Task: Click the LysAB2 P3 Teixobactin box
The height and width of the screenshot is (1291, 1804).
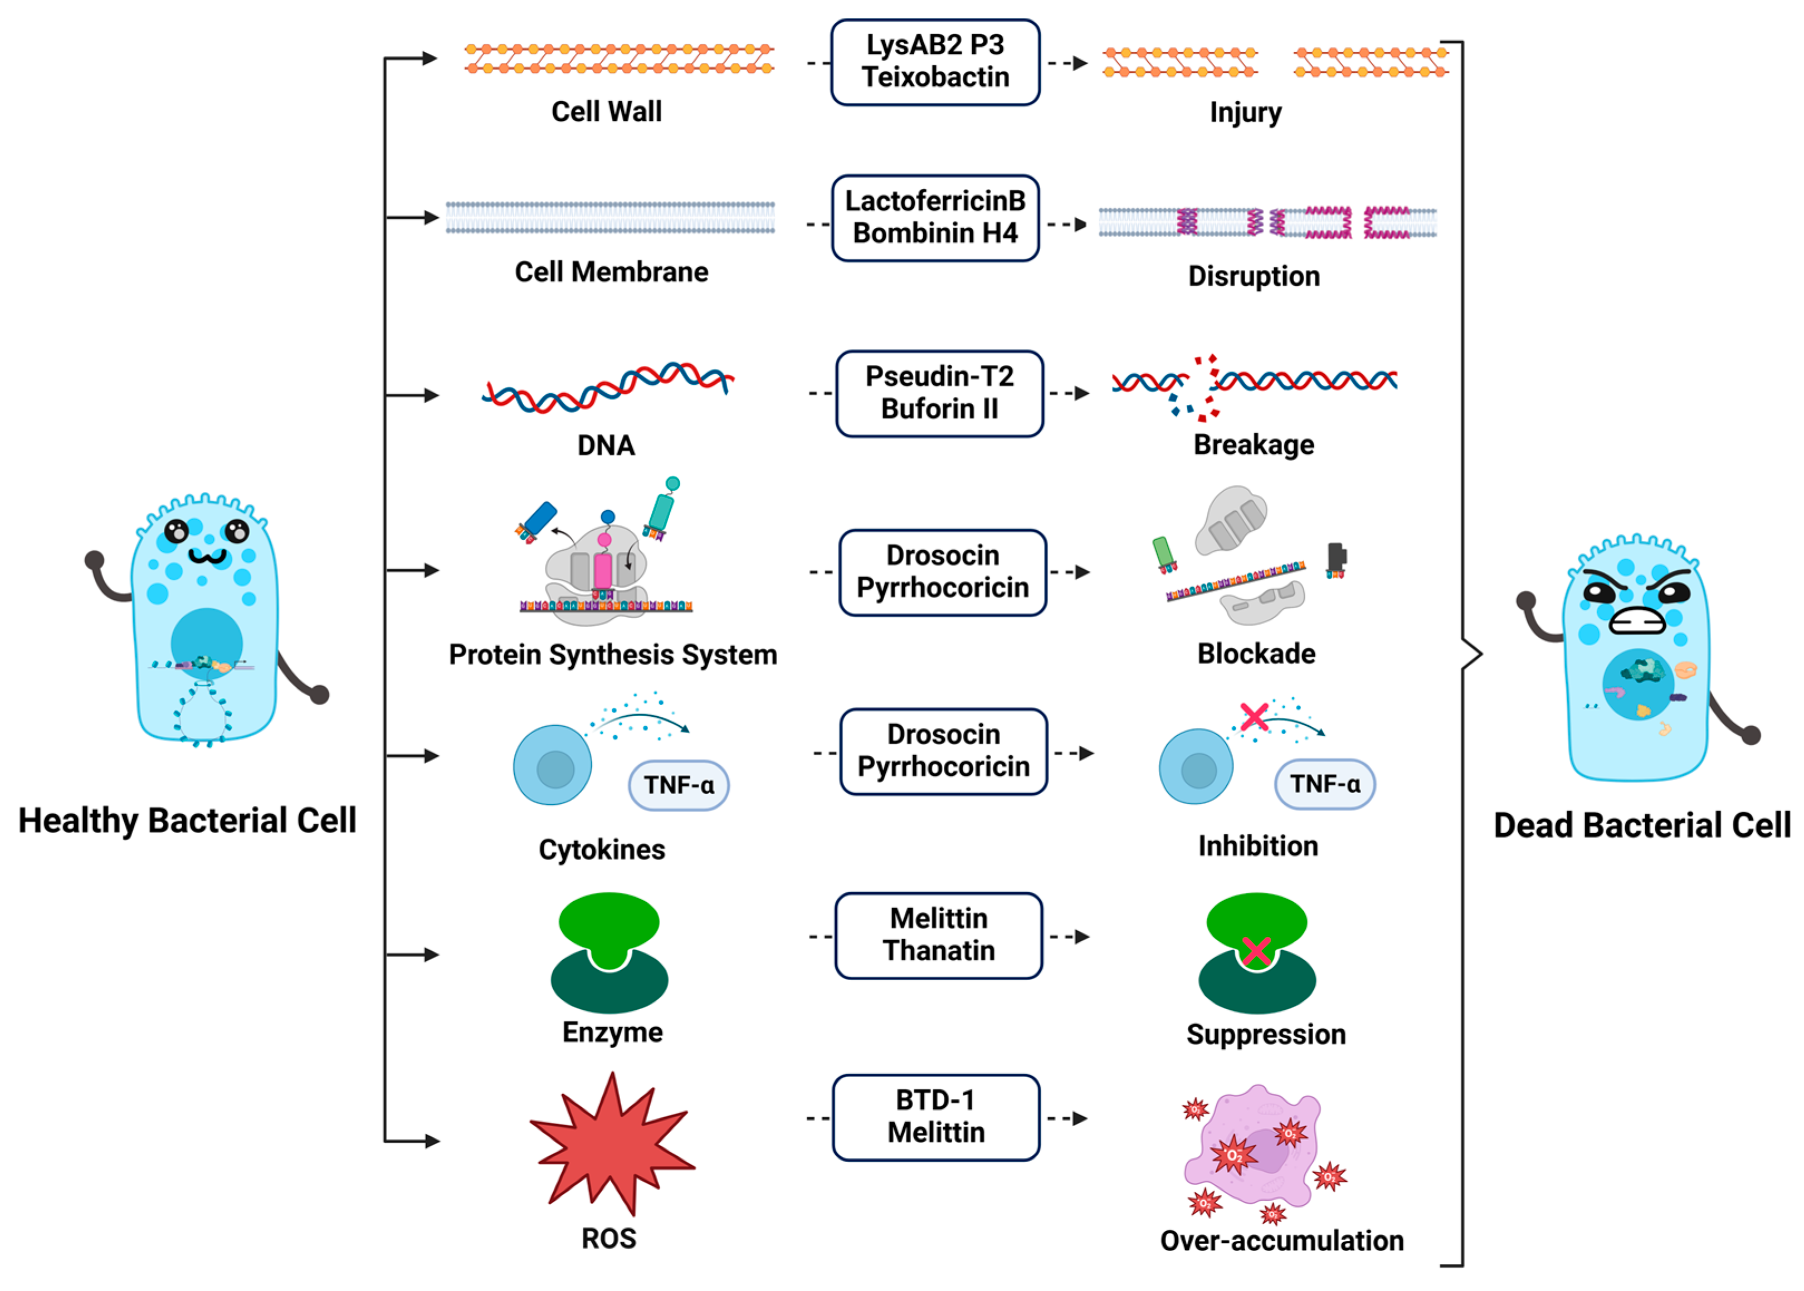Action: click(x=935, y=62)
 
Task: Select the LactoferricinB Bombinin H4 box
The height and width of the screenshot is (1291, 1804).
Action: click(x=935, y=218)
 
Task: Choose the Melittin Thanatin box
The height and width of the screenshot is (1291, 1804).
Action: click(x=938, y=935)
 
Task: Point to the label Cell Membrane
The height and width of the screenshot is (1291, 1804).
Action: click(x=611, y=272)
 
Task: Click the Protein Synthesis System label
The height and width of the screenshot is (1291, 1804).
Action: click(x=612, y=655)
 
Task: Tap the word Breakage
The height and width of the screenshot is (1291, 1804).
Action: click(x=1253, y=445)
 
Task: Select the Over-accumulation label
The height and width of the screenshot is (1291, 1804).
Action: click(x=1281, y=1240)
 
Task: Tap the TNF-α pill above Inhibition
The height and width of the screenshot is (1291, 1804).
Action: click(x=1324, y=784)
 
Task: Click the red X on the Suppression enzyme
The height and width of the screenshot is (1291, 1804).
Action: click(x=1255, y=951)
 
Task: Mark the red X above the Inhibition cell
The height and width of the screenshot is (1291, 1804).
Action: click(x=1254, y=716)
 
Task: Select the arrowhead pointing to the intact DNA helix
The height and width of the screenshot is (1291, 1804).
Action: click(x=431, y=395)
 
